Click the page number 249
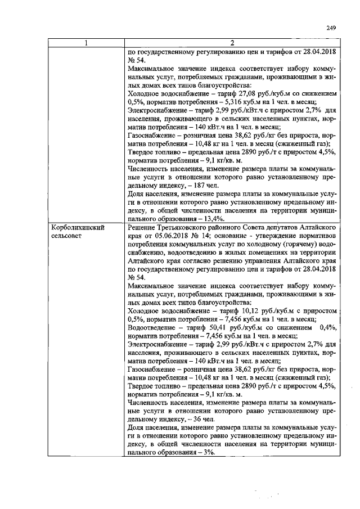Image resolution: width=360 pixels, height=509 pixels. [331, 28]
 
